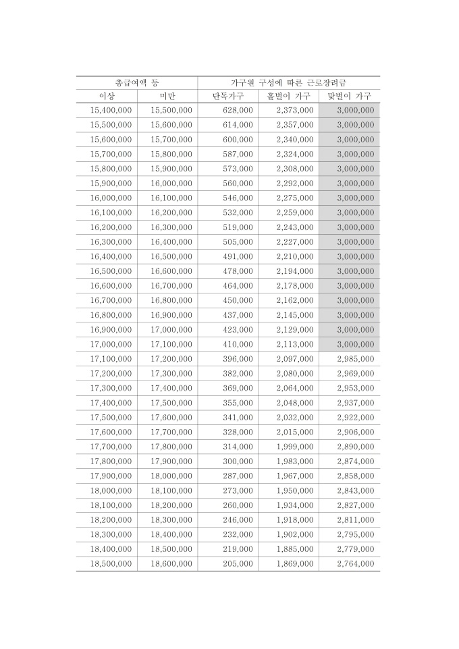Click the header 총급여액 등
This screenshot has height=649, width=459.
137,82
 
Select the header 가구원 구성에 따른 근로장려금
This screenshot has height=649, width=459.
288,82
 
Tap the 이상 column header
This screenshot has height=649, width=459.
107,96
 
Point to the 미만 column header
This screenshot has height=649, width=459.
167,96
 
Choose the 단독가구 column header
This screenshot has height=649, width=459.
228,96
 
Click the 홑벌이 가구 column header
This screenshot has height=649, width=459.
289,96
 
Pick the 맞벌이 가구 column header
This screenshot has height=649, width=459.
350,96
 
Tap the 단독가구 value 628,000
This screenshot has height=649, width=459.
238,110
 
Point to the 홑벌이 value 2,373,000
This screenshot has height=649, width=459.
294,110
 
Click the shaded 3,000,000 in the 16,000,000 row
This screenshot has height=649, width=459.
355,198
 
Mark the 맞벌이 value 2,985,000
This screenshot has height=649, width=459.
355,359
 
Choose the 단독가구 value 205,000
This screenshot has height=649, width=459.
238,564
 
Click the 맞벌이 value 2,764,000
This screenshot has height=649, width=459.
355,564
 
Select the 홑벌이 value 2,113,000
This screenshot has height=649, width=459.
294,344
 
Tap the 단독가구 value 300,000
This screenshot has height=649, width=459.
238,461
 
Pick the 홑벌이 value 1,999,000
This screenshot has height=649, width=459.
294,447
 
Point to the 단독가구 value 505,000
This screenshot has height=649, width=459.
238,242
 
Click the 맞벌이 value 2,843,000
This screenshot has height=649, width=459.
355,490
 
